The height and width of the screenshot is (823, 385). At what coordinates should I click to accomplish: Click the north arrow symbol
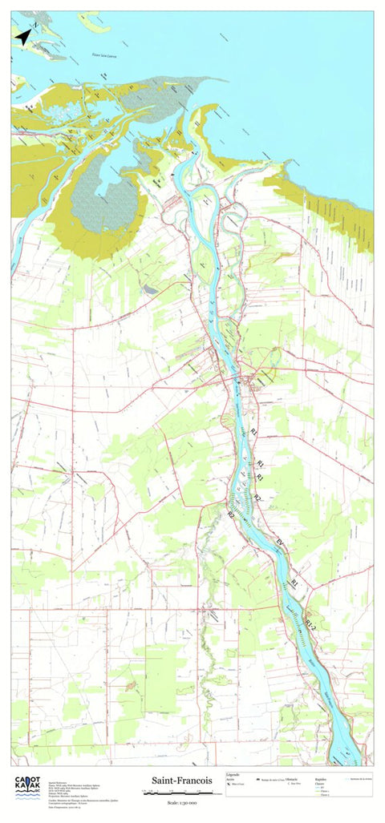(23, 35)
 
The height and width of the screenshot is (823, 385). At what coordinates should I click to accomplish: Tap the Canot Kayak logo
(28, 787)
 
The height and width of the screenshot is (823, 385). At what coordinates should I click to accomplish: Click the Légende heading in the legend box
(233, 775)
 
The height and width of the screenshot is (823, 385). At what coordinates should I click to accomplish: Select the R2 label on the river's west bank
(231, 513)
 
